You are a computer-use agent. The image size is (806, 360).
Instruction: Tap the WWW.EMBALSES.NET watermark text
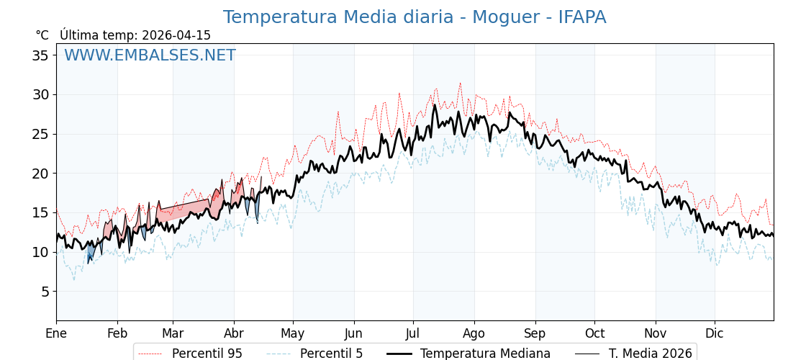tap(150, 55)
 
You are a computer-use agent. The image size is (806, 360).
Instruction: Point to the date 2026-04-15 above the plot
tap(176, 35)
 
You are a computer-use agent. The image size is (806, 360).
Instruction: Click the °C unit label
tap(42, 35)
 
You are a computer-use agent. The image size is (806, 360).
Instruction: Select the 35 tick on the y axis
tap(40, 55)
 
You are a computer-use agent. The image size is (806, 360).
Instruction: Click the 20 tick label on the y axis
tap(40, 174)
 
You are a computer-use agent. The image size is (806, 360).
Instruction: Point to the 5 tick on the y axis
tap(45, 292)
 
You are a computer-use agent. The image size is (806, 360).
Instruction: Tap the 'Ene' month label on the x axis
tap(56, 333)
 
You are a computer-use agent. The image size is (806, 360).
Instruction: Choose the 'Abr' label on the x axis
tap(234, 333)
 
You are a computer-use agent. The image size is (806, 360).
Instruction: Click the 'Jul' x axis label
tap(413, 333)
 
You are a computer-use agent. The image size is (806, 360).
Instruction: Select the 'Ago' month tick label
tap(474, 333)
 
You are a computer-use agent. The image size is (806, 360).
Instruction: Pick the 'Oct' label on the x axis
tap(594, 333)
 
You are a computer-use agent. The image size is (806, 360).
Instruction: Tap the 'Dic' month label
tap(715, 333)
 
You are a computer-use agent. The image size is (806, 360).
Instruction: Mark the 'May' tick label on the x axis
tap(293, 333)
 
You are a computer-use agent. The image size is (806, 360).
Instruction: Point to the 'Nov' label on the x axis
tap(656, 333)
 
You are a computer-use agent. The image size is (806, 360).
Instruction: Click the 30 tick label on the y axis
tap(40, 94)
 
